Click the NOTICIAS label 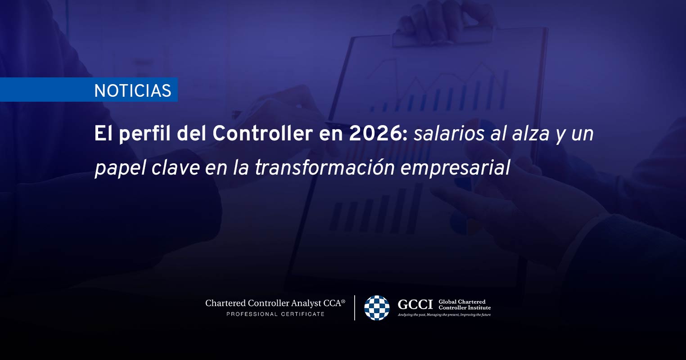[133, 90]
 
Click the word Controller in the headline [262, 134]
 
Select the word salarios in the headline [449, 134]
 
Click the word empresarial [455, 168]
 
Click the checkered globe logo [377, 308]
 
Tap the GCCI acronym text [415, 305]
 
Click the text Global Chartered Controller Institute [465, 305]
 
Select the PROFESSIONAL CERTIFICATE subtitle [275, 314]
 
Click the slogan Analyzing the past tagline [444, 315]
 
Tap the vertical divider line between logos [355, 308]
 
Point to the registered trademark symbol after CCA [343, 301]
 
